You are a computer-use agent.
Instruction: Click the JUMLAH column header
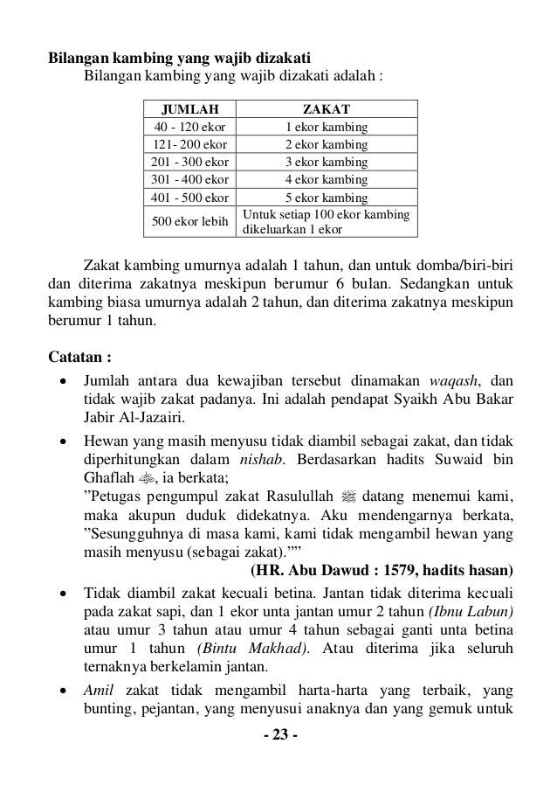(189, 109)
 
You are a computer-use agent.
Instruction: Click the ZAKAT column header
(327, 109)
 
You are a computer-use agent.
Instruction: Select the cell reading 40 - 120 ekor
(189, 128)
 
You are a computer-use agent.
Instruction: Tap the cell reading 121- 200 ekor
(189, 145)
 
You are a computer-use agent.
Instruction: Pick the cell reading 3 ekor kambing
(327, 163)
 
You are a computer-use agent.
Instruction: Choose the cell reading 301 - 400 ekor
(189, 180)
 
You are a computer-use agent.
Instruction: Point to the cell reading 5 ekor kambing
(327, 198)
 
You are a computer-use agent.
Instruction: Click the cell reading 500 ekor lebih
(189, 221)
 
